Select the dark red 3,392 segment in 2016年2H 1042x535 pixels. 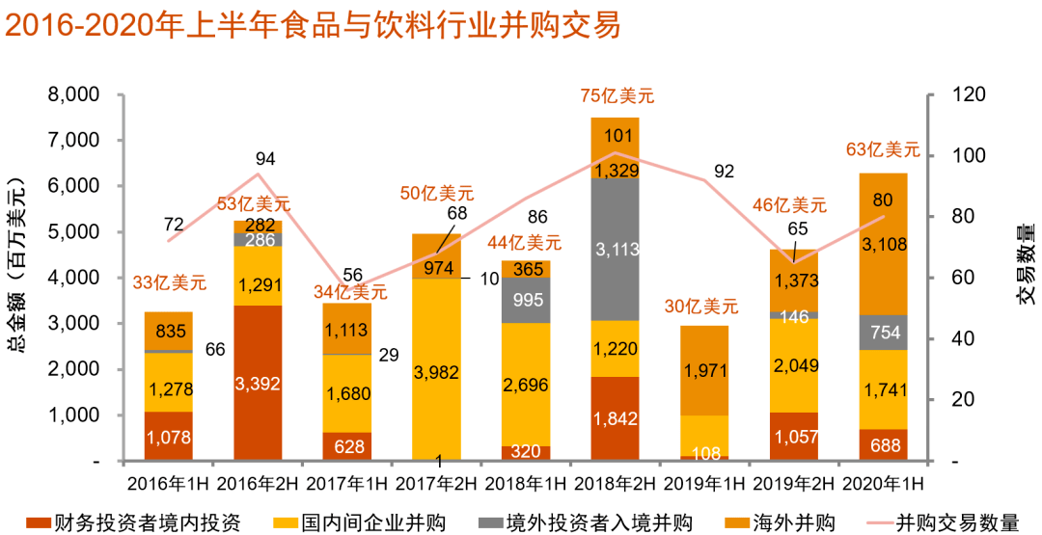point(259,384)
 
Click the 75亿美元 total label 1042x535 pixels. point(617,95)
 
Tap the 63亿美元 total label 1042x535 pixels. point(883,149)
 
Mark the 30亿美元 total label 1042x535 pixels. point(701,308)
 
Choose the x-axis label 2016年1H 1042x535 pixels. point(168,482)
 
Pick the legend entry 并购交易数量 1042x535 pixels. point(957,522)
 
